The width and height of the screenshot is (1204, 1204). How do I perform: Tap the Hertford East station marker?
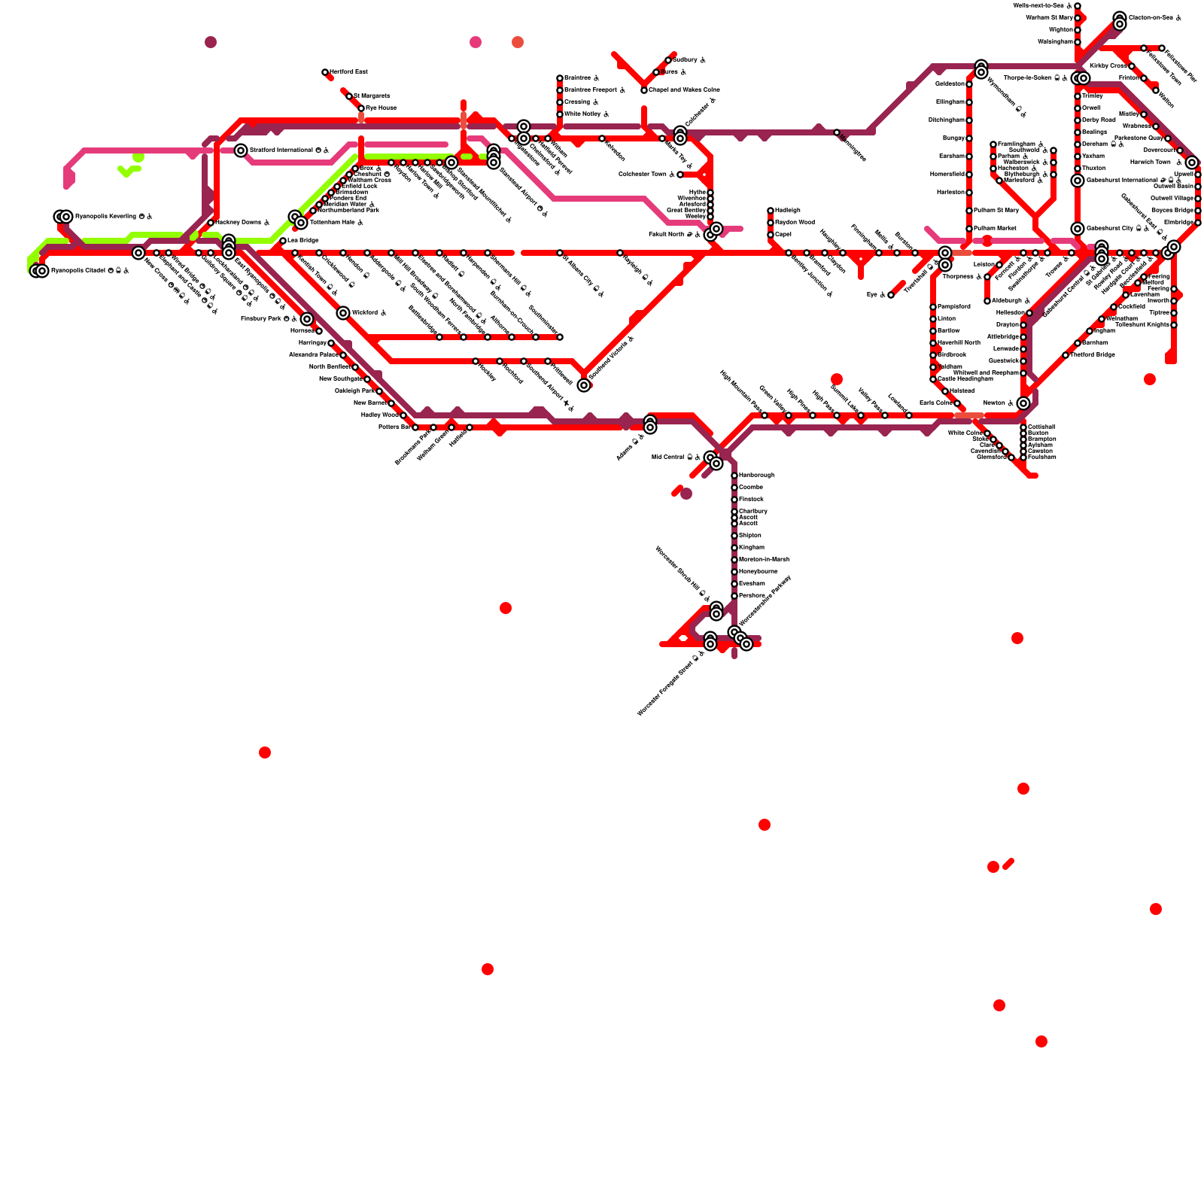click(325, 72)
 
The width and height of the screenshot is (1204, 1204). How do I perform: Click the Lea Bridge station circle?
click(283, 241)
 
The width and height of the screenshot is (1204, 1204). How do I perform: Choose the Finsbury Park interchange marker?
click(307, 319)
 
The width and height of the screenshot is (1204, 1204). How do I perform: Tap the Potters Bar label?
click(394, 427)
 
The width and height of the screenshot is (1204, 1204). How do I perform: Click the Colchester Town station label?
click(643, 175)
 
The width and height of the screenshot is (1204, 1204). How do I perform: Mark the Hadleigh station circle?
click(771, 211)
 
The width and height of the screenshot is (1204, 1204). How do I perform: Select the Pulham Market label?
click(994, 229)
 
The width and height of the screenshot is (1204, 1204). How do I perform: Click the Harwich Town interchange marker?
click(1192, 163)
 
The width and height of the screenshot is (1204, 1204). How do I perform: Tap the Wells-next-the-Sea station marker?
click(1078, 6)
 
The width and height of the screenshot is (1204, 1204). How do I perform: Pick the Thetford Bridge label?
click(1092, 355)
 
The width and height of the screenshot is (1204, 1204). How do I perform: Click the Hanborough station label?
click(756, 476)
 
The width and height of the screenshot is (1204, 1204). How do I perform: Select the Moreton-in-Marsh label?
click(764, 560)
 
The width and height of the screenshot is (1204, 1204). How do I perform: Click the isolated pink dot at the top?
click(476, 42)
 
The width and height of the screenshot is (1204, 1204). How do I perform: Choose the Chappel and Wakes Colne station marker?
click(644, 90)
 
